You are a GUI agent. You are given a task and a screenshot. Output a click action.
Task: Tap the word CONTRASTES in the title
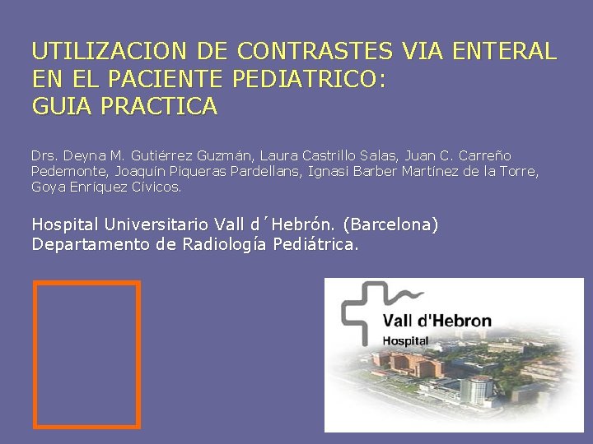click(x=315, y=52)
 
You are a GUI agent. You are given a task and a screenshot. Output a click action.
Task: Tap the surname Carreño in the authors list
click(x=486, y=155)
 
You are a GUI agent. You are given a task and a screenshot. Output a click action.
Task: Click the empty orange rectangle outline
click(x=86, y=354)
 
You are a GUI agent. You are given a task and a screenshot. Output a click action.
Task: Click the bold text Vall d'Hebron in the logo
click(x=437, y=321)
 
